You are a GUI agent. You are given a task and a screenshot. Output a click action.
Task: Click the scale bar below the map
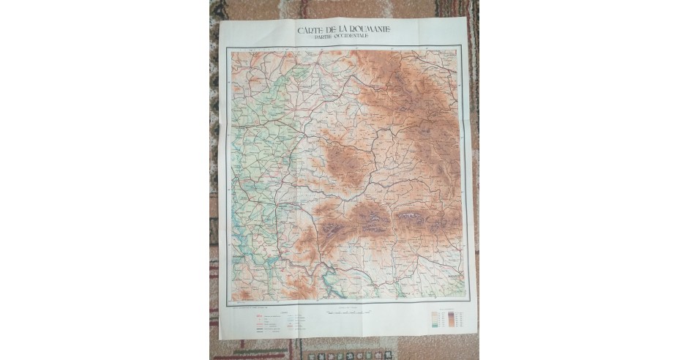tap(344, 313)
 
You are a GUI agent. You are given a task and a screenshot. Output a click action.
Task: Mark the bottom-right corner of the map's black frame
tap(465, 301)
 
